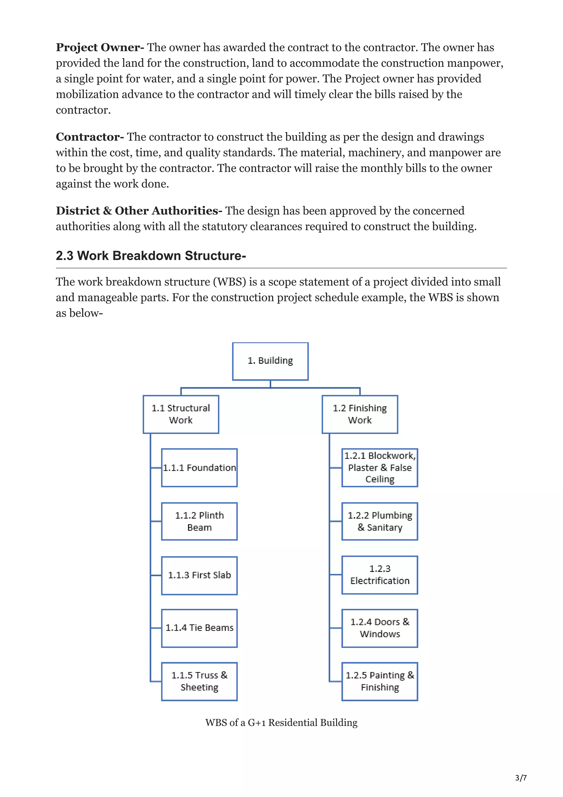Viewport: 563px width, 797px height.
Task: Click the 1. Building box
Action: [270, 361]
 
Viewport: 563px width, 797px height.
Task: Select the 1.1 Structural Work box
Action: [181, 414]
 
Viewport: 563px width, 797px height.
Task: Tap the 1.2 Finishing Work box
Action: [360, 414]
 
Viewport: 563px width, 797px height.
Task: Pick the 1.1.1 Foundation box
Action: [200, 468]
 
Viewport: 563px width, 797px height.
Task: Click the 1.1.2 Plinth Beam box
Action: [200, 521]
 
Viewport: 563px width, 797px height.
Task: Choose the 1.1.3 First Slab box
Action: [200, 575]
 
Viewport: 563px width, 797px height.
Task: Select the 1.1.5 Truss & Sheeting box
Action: [200, 681]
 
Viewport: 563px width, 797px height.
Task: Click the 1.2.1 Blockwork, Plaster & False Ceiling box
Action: [380, 468]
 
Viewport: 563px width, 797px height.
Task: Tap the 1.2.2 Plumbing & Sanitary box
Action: [380, 521]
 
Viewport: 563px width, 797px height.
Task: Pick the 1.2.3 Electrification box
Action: [380, 575]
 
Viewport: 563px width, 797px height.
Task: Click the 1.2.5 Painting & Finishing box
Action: [380, 681]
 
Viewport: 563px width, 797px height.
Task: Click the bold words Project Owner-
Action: [100, 48]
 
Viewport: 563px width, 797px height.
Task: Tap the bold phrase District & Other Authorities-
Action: [139, 211]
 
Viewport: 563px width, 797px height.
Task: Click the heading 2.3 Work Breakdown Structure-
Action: [151, 256]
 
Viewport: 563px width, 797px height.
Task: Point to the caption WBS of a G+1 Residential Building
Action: [281, 723]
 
